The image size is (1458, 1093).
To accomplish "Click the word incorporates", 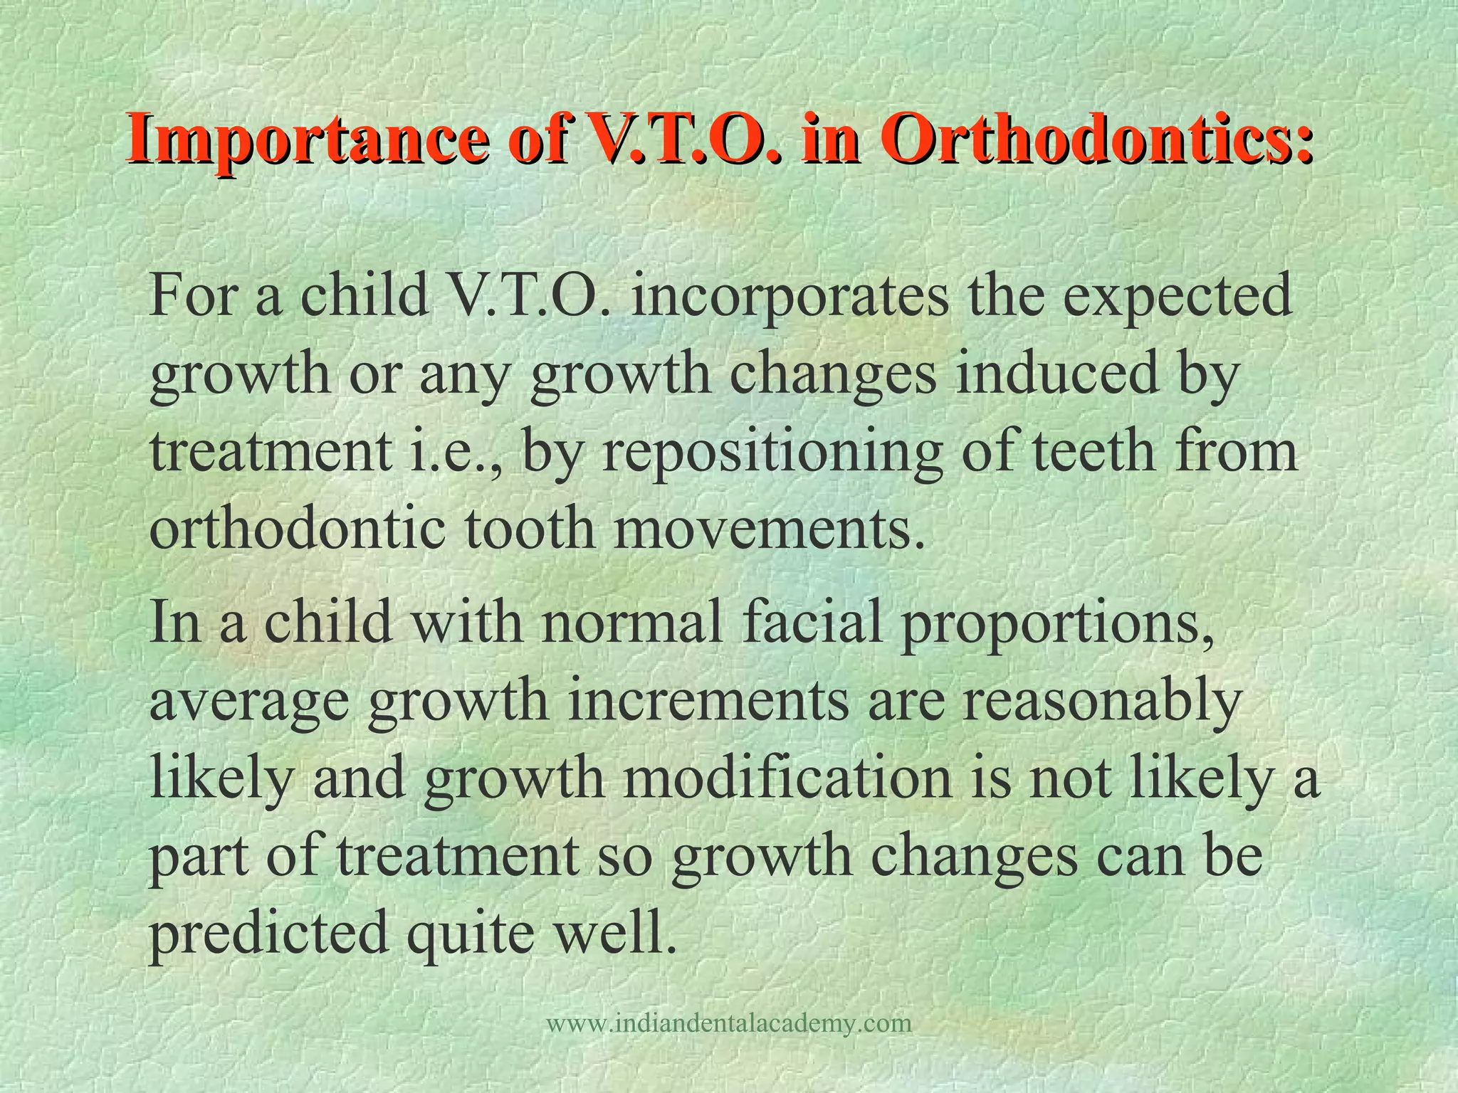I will [x=790, y=297].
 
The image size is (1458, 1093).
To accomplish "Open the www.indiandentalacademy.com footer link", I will [x=729, y=1024].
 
